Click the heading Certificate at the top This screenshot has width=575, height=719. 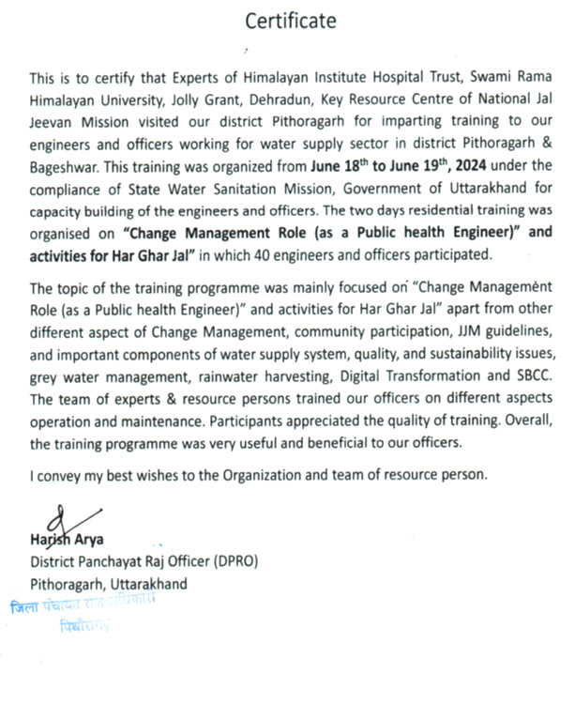[290, 21]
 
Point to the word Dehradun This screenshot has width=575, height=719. [281, 97]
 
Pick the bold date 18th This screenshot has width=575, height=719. [347, 165]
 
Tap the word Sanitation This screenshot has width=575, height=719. [234, 189]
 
